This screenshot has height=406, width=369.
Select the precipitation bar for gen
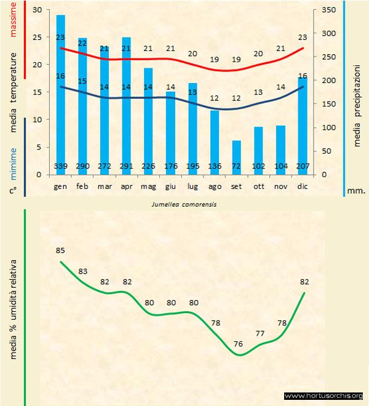click(x=61, y=92)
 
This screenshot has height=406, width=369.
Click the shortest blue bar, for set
click(x=236, y=157)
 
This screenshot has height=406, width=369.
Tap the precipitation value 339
click(x=61, y=167)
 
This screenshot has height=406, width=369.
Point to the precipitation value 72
click(x=236, y=167)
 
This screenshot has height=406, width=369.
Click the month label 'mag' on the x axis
click(x=148, y=185)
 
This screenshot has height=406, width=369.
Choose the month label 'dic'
click(x=302, y=185)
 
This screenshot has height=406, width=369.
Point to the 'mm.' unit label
click(x=356, y=191)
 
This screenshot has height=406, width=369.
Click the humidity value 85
click(x=60, y=250)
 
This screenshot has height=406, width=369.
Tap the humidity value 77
click(x=260, y=333)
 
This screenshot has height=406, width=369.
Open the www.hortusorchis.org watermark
click(x=324, y=396)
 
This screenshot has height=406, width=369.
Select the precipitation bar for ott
click(x=258, y=150)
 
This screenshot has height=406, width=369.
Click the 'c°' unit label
click(x=12, y=190)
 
